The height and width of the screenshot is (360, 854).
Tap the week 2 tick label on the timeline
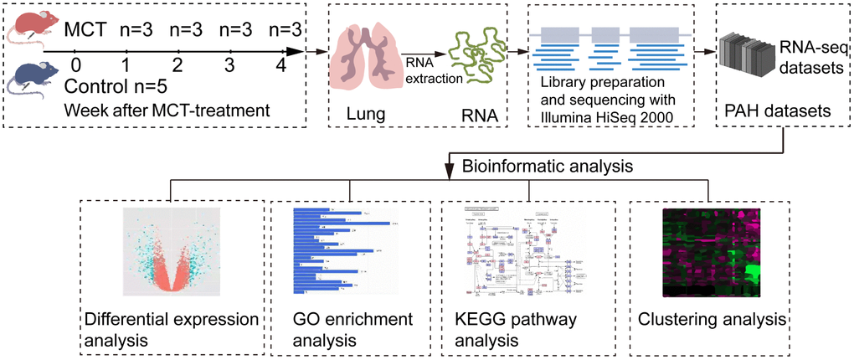click(177, 65)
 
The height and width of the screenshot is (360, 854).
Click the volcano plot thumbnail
click(174, 250)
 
